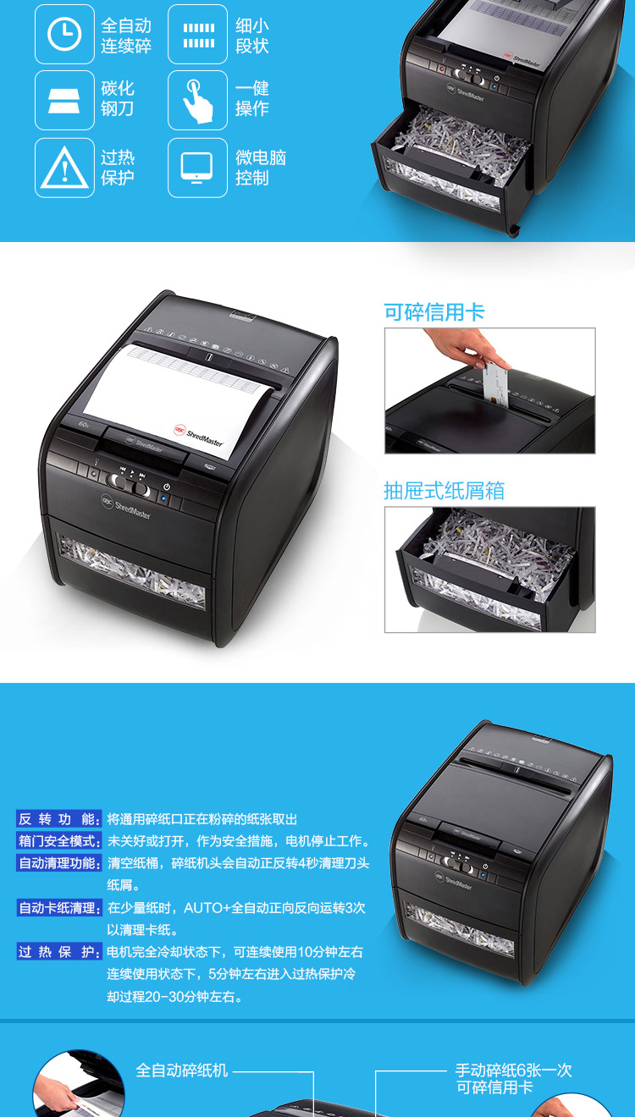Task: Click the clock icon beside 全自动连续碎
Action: [64, 34]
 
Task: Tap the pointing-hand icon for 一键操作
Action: [197, 101]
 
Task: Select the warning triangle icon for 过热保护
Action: [64, 168]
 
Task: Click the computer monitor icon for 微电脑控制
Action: [197, 168]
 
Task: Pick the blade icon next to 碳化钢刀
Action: [64, 101]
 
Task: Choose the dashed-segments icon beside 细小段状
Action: [198, 35]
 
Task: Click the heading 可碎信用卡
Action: [434, 312]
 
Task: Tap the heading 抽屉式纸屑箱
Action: [444, 491]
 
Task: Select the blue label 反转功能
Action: [59, 819]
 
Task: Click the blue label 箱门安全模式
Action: [59, 841]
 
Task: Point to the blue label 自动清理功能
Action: [59, 862]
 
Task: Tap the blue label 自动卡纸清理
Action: [59, 907]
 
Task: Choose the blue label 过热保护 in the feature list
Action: [59, 951]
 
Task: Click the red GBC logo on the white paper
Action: [179, 430]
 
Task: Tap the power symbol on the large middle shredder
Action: [167, 487]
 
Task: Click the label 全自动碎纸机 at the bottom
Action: [181, 1070]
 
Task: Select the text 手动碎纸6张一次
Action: [513, 1070]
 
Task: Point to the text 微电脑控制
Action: [261, 168]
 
